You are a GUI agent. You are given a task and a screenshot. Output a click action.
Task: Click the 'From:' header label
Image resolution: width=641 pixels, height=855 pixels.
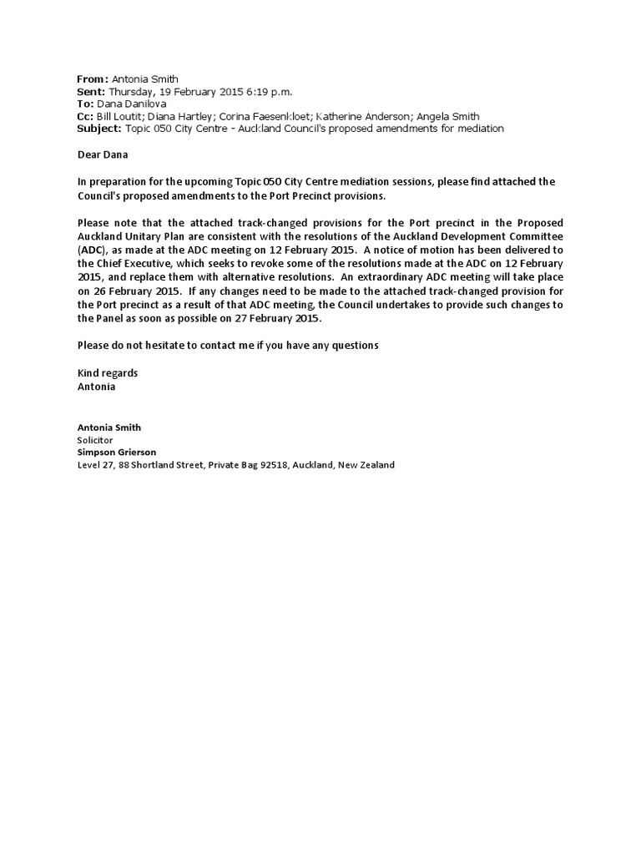(x=92, y=78)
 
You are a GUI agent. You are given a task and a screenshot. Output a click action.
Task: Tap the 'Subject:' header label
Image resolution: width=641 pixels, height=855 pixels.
(x=99, y=129)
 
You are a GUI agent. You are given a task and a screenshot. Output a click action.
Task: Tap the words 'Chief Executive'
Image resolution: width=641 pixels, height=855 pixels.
(x=134, y=264)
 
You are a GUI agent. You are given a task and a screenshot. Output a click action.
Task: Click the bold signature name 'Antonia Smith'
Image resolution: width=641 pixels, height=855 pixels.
(x=109, y=427)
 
